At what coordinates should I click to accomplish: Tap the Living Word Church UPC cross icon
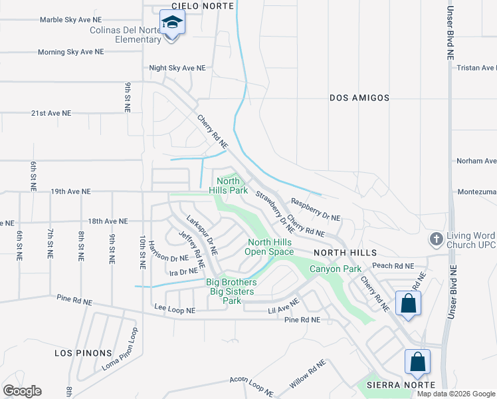coord(436,238)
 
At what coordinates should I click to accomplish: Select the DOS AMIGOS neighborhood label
coord(359,98)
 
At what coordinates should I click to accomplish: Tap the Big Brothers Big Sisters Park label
coord(231,291)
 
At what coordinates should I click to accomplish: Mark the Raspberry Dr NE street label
coord(316,209)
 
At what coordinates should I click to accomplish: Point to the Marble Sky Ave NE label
coord(72,19)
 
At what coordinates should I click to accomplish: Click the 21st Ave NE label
coord(50,114)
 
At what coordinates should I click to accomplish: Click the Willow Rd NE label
coord(308,374)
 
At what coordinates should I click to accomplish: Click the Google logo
coord(22,391)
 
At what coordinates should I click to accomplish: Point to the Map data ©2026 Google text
coord(456,394)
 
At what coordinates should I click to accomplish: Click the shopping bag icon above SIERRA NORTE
coord(417,362)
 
